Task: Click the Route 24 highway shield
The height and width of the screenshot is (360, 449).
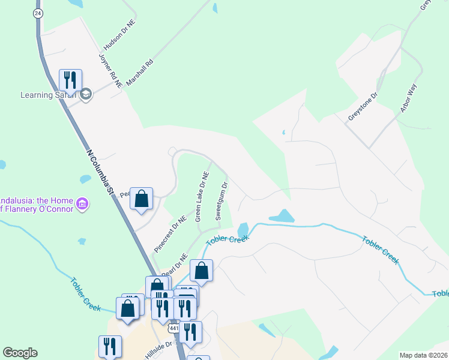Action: (x=38, y=13)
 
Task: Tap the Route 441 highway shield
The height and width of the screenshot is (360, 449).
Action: (x=174, y=329)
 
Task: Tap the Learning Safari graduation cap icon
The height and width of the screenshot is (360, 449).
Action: (x=86, y=94)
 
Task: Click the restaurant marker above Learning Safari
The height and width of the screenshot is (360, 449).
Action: (x=70, y=80)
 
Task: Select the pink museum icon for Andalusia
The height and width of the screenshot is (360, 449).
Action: (x=83, y=205)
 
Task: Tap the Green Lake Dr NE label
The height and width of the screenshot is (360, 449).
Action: (x=202, y=197)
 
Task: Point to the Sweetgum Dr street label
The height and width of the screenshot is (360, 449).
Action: (x=221, y=201)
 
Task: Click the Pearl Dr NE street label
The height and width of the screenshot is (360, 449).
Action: (x=175, y=264)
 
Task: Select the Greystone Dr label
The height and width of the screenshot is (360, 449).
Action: (x=363, y=106)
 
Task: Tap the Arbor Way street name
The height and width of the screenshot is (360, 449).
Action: (x=408, y=99)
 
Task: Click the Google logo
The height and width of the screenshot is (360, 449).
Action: (x=20, y=353)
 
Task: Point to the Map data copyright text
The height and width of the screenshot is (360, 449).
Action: (x=423, y=355)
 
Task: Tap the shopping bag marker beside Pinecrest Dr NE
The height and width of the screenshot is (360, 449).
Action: (x=141, y=199)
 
